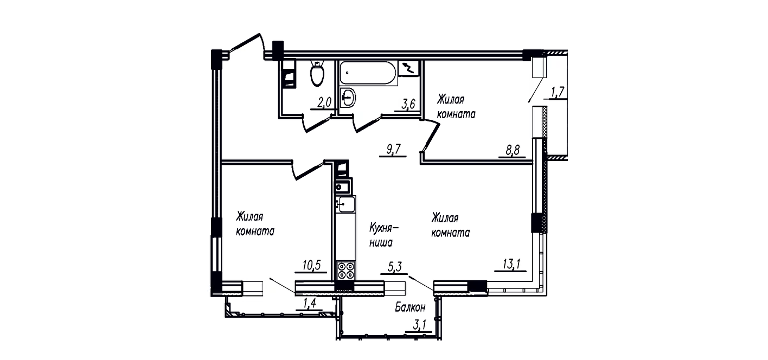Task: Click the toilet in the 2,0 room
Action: [x=317, y=73]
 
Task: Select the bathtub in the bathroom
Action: [x=368, y=73]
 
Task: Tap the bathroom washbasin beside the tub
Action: [x=347, y=98]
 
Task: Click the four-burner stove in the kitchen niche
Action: [x=345, y=271]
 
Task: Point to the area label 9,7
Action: [x=393, y=150]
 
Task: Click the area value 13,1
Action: [x=511, y=265]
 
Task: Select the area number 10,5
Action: [x=311, y=265]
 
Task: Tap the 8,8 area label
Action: [x=512, y=150]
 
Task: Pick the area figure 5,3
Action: [x=394, y=267]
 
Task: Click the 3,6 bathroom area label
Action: [x=408, y=104]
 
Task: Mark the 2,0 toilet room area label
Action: [x=324, y=102]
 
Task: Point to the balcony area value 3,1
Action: [x=419, y=325]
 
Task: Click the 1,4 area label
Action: [x=309, y=303]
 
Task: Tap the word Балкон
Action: [x=410, y=307]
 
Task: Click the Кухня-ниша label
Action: [x=383, y=235]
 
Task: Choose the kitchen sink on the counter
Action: [x=345, y=204]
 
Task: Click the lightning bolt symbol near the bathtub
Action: [x=408, y=68]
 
